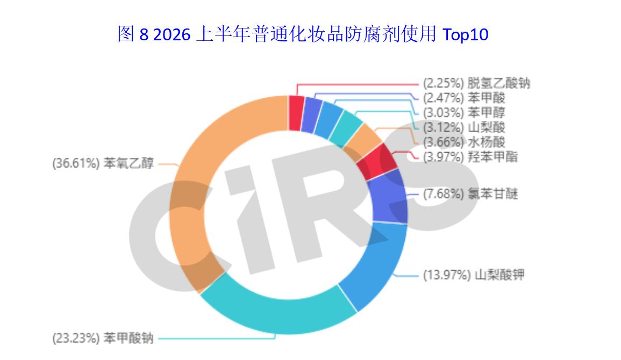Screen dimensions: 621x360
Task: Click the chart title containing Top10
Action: point(303,34)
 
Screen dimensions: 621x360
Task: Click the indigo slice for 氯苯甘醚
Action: point(389,198)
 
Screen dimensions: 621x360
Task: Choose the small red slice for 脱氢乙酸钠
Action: point(296,113)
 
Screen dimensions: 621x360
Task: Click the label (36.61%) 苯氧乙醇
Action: point(103,163)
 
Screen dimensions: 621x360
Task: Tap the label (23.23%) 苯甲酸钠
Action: point(103,339)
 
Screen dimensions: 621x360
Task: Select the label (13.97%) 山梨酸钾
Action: point(474,275)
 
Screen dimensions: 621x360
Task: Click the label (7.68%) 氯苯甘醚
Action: point(470,194)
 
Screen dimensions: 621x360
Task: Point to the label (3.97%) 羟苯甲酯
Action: point(470,157)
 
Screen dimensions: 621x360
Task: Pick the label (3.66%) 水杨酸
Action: point(464,142)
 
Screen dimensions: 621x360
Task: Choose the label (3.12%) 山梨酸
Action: point(464,127)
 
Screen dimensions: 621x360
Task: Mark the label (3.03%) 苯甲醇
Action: point(464,113)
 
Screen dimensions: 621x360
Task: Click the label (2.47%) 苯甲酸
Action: point(464,98)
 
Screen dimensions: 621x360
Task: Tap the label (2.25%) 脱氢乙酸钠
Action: point(476,83)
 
